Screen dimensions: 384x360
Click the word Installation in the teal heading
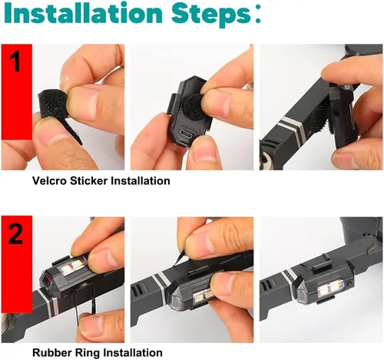click(84, 13)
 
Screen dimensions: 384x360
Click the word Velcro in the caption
click(50, 180)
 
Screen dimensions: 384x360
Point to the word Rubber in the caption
click(52, 352)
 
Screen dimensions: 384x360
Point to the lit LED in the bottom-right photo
click(329, 288)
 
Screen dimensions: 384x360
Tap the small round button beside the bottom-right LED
click(349, 284)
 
